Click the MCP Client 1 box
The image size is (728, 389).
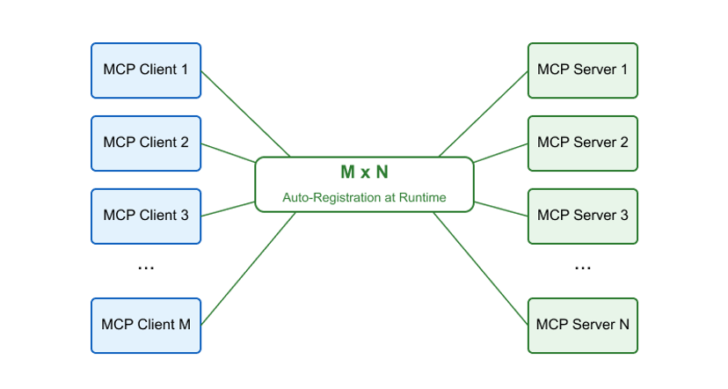pos(146,70)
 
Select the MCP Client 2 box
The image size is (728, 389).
pos(146,143)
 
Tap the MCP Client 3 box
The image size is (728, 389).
pos(146,216)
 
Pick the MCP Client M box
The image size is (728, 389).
pos(146,325)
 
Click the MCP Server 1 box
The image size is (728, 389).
pos(582,70)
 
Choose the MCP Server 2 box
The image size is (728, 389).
pos(582,143)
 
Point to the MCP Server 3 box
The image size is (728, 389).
pos(582,216)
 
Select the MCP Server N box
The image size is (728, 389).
pos(582,325)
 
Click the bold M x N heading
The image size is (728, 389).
pos(364,172)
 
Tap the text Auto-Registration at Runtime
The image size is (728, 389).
pos(364,198)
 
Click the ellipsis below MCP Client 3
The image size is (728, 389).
pos(146,267)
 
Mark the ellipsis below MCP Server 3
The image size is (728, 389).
pos(582,267)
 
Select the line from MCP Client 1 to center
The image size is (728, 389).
pos(246,114)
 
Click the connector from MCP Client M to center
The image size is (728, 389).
pos(249,268)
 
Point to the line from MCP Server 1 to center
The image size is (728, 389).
pos(483,114)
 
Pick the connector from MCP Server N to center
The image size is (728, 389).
pos(480,268)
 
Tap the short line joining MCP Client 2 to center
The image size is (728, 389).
pos(229,152)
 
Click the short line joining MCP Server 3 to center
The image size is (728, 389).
pos(500,208)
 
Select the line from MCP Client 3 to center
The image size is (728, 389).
pos(229,209)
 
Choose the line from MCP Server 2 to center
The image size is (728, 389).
pos(500,152)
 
